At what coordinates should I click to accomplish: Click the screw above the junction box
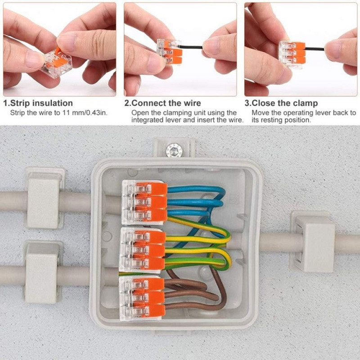tap(174, 150)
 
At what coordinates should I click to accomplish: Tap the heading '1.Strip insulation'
tap(38, 103)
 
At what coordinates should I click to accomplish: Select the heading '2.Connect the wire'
tap(162, 103)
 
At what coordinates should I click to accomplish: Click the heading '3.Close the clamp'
tap(281, 103)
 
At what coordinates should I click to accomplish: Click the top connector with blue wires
tap(144, 202)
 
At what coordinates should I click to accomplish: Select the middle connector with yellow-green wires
tap(142, 251)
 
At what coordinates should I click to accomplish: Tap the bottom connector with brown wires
tap(142, 298)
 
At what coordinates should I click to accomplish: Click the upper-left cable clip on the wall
tap(44, 198)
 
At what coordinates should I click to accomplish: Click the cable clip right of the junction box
tap(312, 241)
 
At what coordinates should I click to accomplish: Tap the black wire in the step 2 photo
tap(191, 47)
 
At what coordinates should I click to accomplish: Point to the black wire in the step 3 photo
tap(315, 49)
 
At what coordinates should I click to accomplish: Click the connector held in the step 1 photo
tap(56, 63)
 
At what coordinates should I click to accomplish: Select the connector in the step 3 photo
tap(292, 54)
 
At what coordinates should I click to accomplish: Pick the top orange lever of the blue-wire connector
tap(152, 189)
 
